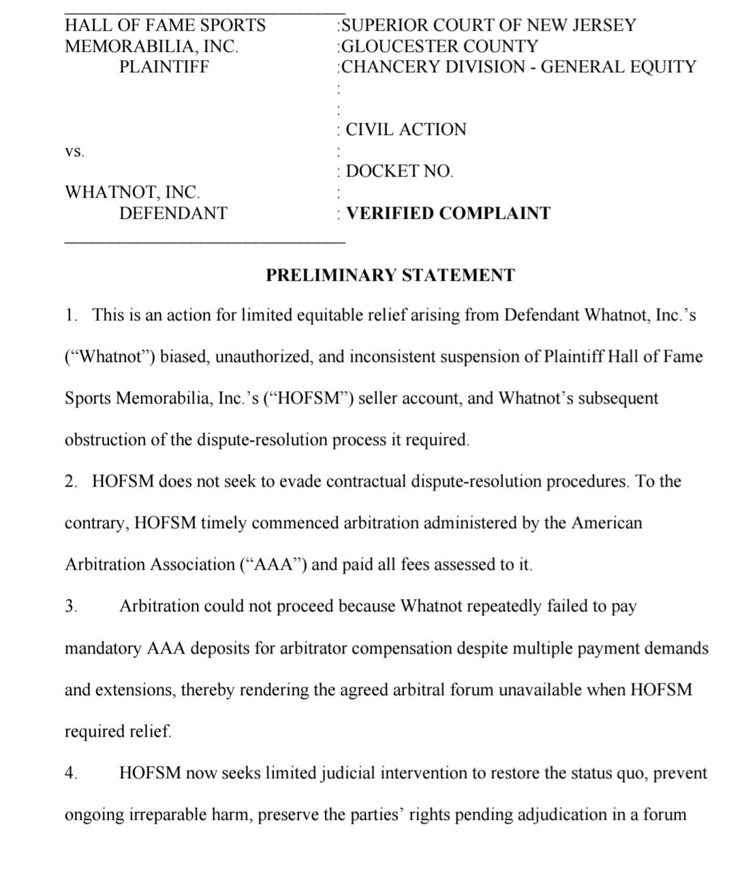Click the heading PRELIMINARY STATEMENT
(390, 275)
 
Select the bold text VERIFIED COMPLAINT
(448, 213)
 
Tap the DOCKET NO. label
(399, 172)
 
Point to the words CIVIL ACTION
(406, 129)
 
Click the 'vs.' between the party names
(74, 152)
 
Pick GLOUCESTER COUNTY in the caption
(440, 46)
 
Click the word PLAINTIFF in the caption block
(164, 67)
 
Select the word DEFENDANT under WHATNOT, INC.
(173, 213)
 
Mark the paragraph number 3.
(70, 607)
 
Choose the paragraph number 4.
(70, 773)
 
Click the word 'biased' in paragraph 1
(184, 356)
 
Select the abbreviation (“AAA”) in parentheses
(274, 565)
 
